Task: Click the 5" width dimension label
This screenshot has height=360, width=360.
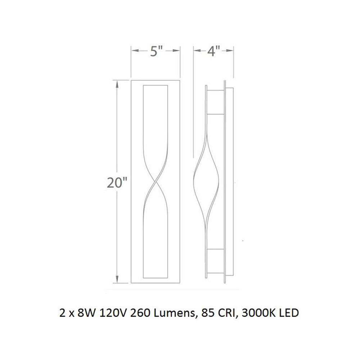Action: pyautogui.click(x=156, y=51)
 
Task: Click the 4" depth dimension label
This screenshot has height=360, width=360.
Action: pyautogui.click(x=213, y=51)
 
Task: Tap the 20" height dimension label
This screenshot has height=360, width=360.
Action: pyautogui.click(x=117, y=183)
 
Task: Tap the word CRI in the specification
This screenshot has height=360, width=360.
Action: pyautogui.click(x=226, y=313)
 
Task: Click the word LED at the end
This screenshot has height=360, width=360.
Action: pyautogui.click(x=289, y=313)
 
